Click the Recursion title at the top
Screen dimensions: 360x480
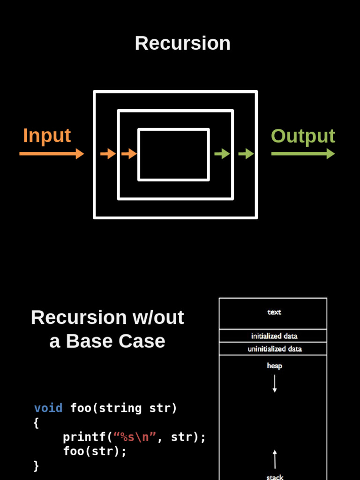click(x=182, y=43)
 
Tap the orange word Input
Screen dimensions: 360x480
click(x=47, y=135)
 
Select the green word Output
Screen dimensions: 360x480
click(x=303, y=136)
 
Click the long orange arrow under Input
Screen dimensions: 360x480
click(x=52, y=154)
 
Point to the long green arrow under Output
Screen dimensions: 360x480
click(x=303, y=154)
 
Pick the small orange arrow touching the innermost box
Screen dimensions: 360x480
click(x=129, y=154)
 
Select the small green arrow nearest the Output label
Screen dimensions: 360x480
click(x=246, y=154)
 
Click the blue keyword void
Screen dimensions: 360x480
click(x=48, y=408)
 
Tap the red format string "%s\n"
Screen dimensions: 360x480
click(x=135, y=437)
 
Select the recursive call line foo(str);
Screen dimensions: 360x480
click(x=95, y=451)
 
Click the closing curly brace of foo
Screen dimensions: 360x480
click(x=36, y=466)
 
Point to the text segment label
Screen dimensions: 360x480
click(x=274, y=312)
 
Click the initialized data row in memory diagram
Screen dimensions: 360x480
click(x=273, y=336)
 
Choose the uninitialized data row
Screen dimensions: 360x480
click(x=273, y=349)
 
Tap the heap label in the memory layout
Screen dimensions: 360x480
click(x=274, y=366)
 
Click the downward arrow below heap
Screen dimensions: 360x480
click(x=275, y=383)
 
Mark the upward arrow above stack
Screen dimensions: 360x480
click(x=275, y=459)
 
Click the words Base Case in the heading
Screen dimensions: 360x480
click(x=115, y=341)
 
